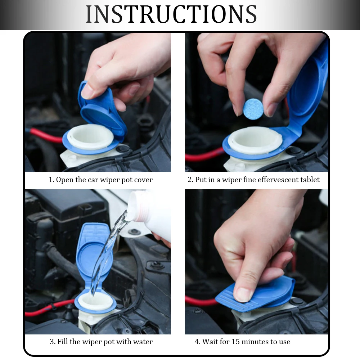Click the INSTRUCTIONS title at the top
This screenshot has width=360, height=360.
point(171,14)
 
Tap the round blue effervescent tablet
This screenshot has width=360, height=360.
point(253,109)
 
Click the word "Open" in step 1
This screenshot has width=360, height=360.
point(65,180)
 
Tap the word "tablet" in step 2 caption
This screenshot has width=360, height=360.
point(309,180)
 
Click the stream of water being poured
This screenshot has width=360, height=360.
point(107,253)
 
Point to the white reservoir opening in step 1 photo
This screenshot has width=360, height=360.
point(90,137)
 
